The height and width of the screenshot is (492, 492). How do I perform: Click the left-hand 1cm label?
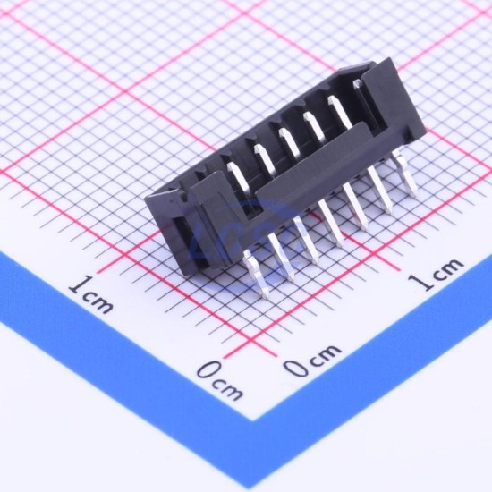[90, 294]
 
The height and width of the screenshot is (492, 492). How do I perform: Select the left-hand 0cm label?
[220, 380]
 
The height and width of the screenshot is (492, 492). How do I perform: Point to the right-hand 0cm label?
[312, 360]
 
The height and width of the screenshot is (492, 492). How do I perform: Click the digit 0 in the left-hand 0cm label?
[208, 370]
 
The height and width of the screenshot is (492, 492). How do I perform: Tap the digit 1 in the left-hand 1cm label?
[78, 284]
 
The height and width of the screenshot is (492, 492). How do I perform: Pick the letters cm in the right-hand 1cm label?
[450, 269]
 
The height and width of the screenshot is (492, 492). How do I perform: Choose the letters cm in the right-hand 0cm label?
[325, 355]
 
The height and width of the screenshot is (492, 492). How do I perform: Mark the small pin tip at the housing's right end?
[357, 83]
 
